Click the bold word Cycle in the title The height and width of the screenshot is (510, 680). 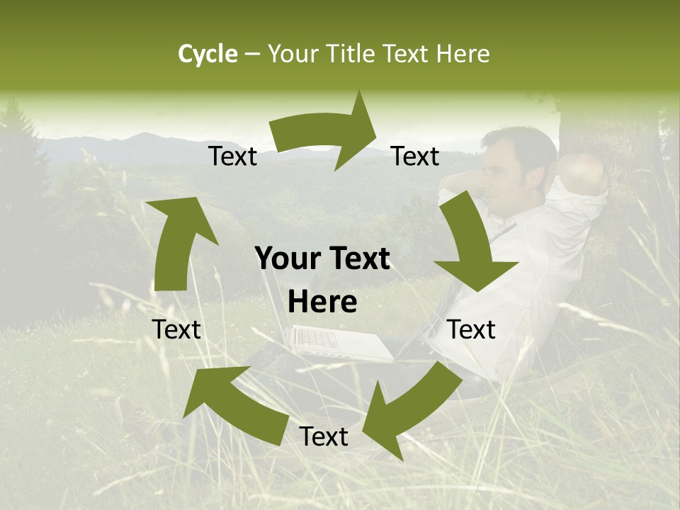208,54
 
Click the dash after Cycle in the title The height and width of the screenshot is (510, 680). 252,55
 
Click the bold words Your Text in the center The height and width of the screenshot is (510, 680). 322,259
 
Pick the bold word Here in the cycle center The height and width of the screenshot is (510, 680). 322,302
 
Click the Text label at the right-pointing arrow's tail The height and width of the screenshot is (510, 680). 232,157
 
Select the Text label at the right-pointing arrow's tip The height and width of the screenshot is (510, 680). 415,157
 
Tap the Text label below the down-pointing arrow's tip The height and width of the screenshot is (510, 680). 471,329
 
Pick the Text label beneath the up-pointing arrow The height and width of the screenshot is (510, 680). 176,329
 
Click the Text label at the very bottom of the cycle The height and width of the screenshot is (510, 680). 324,437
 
